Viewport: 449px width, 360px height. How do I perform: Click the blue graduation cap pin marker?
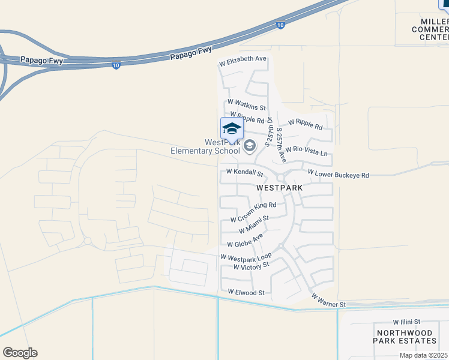tap(232, 128)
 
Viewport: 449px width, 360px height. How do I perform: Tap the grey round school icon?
tap(250, 145)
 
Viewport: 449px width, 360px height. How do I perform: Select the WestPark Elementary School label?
tap(222, 147)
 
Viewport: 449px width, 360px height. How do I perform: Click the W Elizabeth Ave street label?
tap(243, 59)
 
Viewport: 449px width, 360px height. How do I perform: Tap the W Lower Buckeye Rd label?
tap(338, 174)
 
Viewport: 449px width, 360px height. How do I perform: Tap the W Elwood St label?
tap(246, 292)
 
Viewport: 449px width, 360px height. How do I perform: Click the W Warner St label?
tap(328, 300)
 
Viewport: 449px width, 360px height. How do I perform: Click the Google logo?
tap(20, 352)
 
